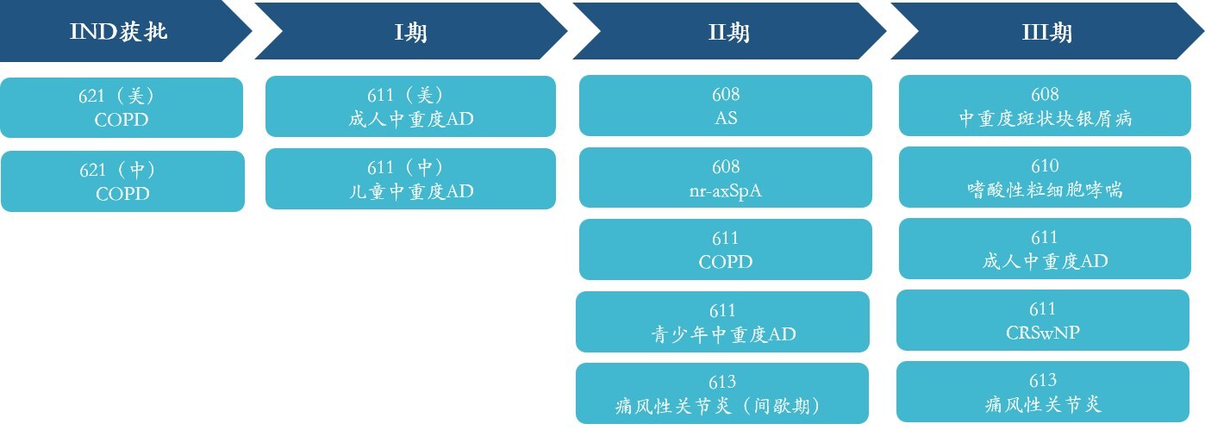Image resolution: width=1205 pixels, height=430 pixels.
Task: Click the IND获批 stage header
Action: pos(119,32)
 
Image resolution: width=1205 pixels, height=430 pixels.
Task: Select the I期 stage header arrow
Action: pos(410,32)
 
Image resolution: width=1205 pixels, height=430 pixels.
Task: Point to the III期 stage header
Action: pos(1046,32)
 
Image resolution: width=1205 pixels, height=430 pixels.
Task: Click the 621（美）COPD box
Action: pos(122,108)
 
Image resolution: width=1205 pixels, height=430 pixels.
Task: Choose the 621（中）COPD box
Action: pos(122,181)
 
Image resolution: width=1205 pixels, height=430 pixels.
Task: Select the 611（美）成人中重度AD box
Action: pos(410,106)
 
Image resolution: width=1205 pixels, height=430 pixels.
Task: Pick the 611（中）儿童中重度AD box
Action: pos(410,178)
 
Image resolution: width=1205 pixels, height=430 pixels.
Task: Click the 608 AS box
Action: pos(726,105)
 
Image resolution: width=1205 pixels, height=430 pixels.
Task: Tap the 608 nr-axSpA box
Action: pos(726,178)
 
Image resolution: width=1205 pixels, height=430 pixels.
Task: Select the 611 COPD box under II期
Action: pos(726,249)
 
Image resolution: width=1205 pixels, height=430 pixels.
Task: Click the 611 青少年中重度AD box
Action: pos(723,321)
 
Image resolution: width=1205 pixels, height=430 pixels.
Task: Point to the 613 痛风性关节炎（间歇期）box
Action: pos(722,393)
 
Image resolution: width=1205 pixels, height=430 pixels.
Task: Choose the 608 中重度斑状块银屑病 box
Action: pos(1045,105)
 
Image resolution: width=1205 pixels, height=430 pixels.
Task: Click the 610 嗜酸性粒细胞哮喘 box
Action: pos(1045,178)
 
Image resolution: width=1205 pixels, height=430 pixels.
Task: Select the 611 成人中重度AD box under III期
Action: pos(1045,248)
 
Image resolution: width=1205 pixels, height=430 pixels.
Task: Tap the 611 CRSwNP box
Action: pos(1043,320)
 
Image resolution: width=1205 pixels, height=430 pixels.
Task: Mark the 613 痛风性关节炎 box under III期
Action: pos(1043,391)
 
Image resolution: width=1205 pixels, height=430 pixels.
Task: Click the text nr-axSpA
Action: pos(726,190)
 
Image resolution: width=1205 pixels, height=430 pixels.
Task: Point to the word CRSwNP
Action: pos(1043,332)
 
